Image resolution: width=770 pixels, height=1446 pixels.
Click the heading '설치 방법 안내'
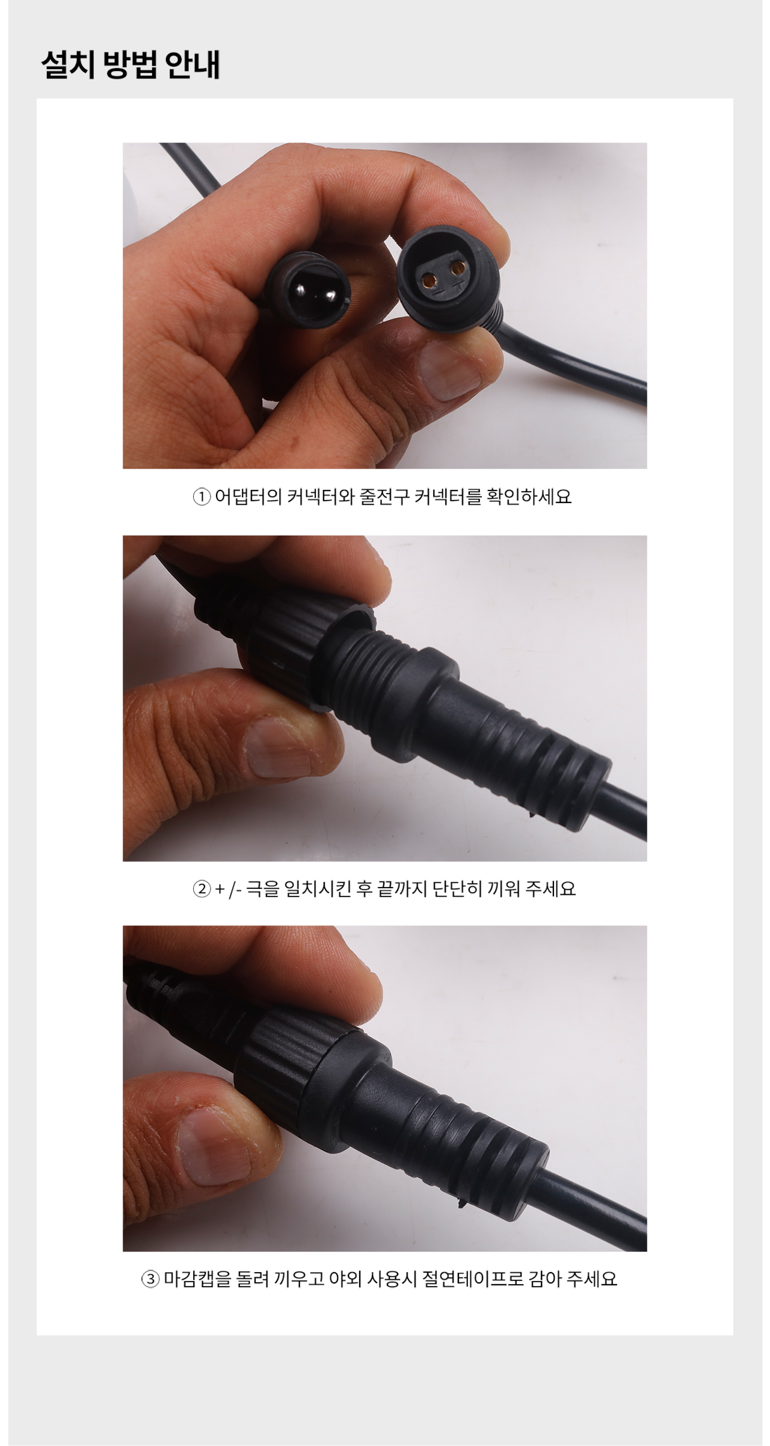pyautogui.click(x=131, y=64)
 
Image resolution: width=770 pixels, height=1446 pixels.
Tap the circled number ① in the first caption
pyautogui.click(x=201, y=497)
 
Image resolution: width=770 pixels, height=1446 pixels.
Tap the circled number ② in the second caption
pyautogui.click(x=201, y=889)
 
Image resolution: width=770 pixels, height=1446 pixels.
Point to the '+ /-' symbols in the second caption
pyautogui.click(x=228, y=889)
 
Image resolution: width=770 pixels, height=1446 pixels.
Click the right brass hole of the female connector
pyautogui.click(x=460, y=267)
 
